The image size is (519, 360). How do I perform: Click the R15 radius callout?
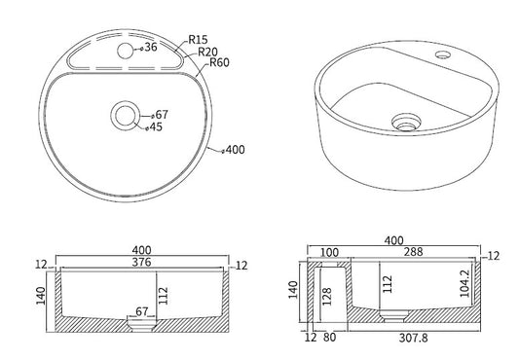[x=198, y=40]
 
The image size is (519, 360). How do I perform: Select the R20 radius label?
[x=207, y=52]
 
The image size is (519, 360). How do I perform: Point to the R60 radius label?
[x=219, y=62]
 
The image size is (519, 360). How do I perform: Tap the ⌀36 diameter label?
[x=149, y=48]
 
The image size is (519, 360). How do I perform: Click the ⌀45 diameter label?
[x=154, y=126]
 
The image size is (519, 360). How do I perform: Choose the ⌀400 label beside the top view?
[x=234, y=150]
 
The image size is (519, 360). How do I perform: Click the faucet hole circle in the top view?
[x=125, y=51]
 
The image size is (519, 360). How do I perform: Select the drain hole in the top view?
[x=125, y=116]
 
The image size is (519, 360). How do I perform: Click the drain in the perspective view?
[x=406, y=123]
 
